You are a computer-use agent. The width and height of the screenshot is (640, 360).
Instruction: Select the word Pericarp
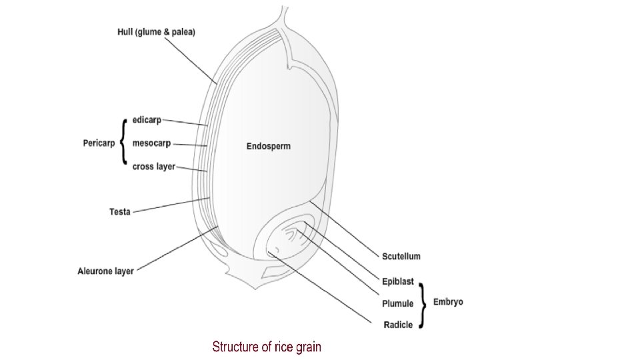coord(99,142)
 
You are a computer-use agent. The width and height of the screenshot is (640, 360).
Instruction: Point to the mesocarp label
coord(151,143)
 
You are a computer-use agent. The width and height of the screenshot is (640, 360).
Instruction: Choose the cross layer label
coord(153,166)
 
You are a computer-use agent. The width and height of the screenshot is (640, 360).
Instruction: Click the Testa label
coord(120,212)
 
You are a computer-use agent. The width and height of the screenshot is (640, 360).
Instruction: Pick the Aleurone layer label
coord(105,271)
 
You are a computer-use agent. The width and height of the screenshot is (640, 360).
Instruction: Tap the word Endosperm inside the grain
coord(269,145)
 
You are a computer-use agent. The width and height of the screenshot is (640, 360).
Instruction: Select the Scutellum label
coord(401,256)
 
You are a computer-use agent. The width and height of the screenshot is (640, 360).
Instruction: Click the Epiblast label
coord(398,282)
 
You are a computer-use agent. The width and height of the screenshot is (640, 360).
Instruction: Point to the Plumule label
coord(397,303)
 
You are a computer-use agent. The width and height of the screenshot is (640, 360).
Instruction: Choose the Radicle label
coord(398,325)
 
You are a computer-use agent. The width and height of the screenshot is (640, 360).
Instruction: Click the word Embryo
coord(448,302)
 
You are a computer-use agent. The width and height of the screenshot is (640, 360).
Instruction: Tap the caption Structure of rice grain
coord(267,347)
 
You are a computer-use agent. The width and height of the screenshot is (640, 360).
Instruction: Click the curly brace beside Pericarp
coord(123,141)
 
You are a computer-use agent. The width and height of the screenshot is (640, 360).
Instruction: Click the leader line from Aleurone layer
coord(177,249)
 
